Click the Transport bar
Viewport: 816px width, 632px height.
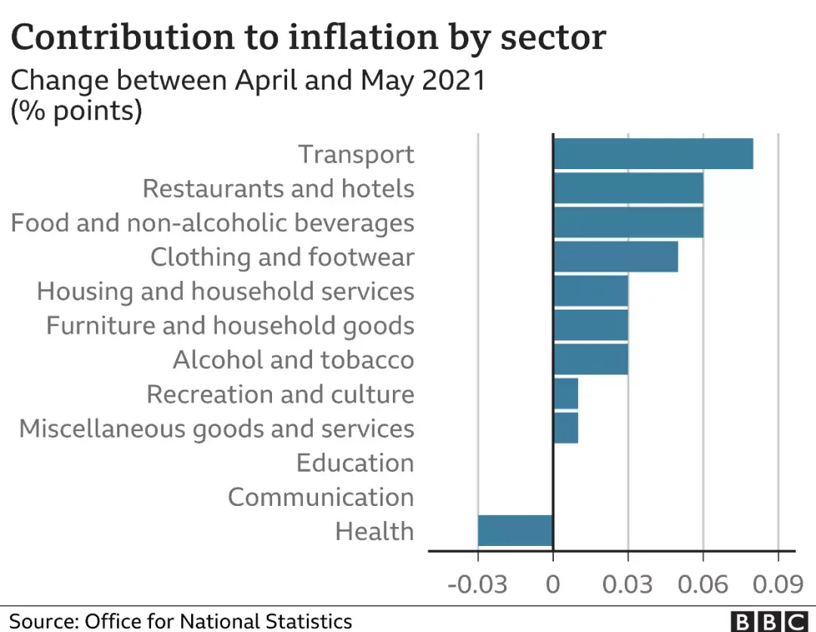tap(654, 154)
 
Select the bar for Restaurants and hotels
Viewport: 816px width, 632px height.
tap(629, 188)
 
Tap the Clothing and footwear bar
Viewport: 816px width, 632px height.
tap(616, 257)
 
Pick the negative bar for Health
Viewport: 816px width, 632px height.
tap(515, 530)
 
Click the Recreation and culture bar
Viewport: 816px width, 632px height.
tap(566, 393)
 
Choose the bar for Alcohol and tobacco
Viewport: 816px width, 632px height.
tap(591, 359)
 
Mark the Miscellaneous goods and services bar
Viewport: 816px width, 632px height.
tap(566, 427)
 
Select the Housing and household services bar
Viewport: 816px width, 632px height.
tap(591, 291)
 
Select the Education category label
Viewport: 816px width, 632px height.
tap(355, 462)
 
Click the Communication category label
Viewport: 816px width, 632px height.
tap(321, 497)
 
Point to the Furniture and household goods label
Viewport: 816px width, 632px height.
tap(230, 325)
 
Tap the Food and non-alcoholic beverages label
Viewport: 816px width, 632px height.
tap(212, 223)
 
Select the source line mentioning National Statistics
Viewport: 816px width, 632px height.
tap(181, 621)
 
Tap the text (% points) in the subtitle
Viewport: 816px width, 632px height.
tap(76, 110)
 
